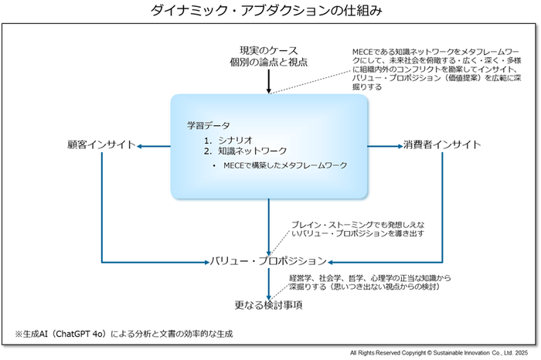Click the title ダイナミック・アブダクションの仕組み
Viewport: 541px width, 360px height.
(x=270, y=11)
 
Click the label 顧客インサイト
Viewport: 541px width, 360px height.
(x=100, y=144)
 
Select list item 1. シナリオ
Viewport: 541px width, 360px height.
(x=232, y=139)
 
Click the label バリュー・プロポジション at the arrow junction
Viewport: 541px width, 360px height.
(x=268, y=261)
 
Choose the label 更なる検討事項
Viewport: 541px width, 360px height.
(x=268, y=306)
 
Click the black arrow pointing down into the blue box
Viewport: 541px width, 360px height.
(x=268, y=80)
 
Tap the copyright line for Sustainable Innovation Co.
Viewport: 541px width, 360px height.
(x=443, y=352)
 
